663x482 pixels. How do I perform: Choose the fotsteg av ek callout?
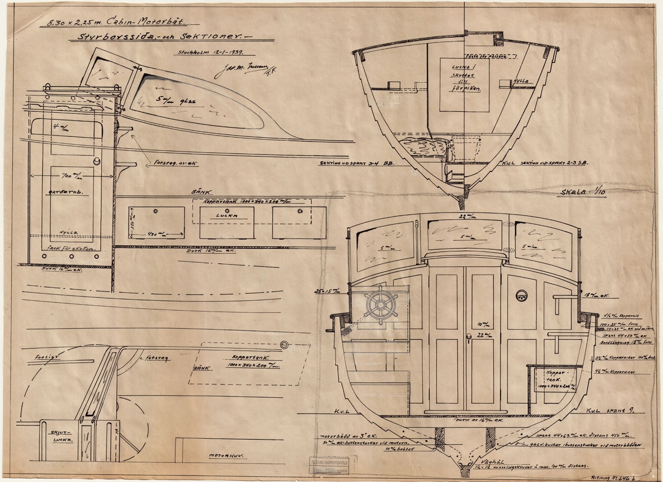(168, 163)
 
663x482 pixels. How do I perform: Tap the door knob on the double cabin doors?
(468, 336)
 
